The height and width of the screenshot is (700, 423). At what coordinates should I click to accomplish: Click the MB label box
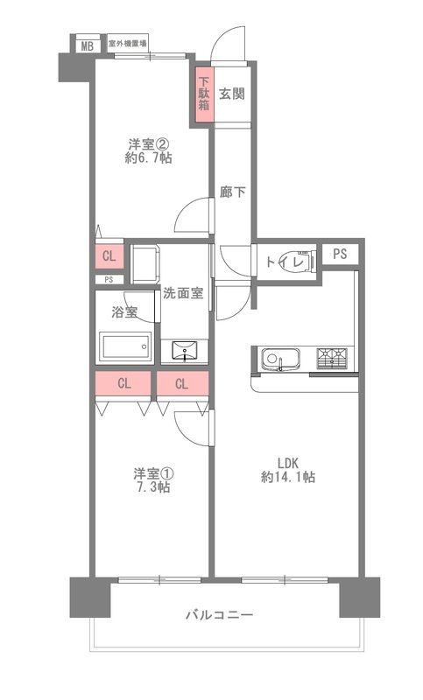click(x=86, y=45)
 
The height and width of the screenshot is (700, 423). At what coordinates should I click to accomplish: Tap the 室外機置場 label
click(x=127, y=43)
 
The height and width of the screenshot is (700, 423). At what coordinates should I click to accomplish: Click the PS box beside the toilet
click(x=340, y=254)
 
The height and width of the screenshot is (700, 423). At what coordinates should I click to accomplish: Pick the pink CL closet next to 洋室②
click(x=109, y=256)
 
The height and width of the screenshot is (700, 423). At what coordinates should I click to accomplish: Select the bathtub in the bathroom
click(x=125, y=346)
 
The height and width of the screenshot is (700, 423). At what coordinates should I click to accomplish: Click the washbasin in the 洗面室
click(x=187, y=352)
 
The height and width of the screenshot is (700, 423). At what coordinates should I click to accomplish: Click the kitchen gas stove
click(x=334, y=359)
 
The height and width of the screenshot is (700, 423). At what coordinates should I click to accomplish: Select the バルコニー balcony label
click(x=219, y=615)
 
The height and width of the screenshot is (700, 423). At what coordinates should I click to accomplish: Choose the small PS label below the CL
click(x=109, y=280)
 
